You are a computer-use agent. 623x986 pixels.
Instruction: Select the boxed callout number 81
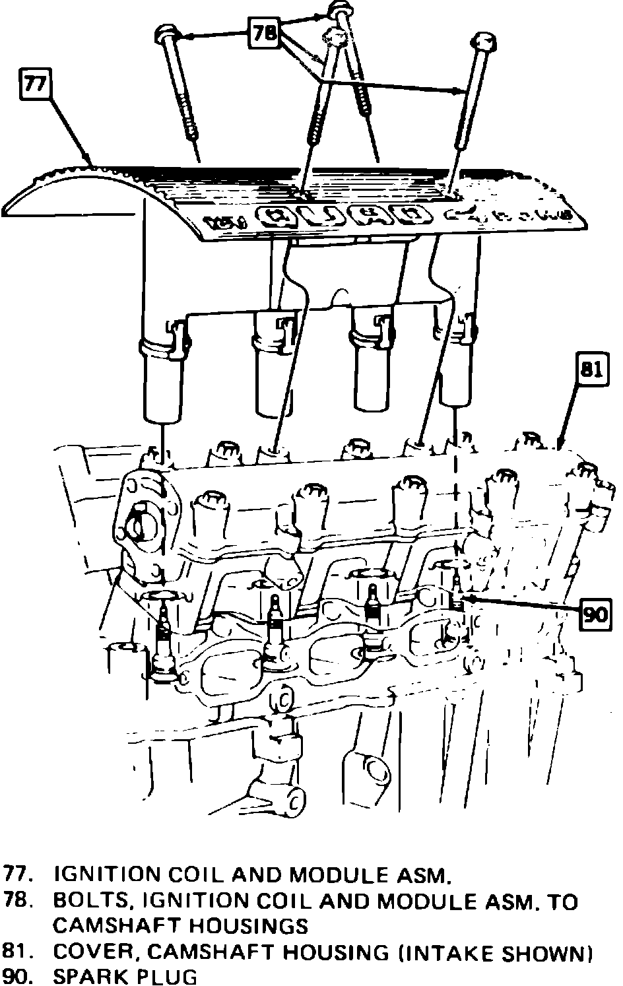point(591,370)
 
